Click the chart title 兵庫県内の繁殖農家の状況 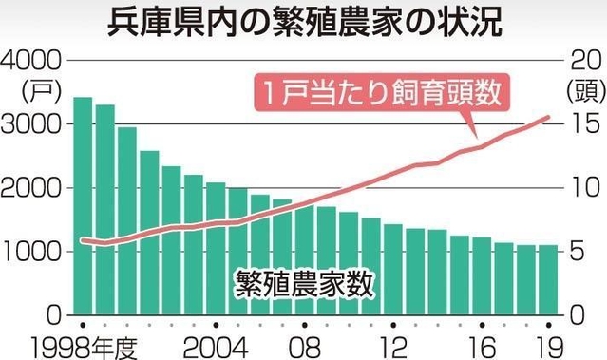tap(303, 21)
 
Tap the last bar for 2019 tap(547, 279)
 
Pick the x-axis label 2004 tap(217, 343)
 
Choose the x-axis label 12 tap(393, 343)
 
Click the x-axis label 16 tap(483, 343)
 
